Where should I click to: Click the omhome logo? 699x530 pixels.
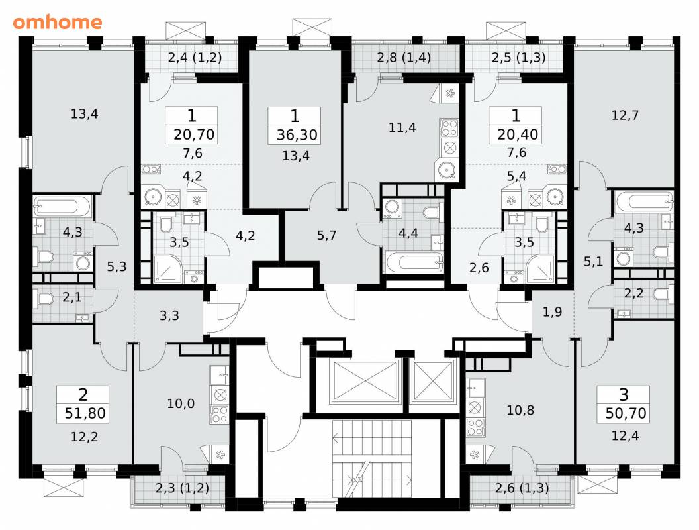tap(58, 22)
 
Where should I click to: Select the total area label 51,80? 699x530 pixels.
tap(85, 413)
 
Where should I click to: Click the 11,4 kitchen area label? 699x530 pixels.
tap(402, 128)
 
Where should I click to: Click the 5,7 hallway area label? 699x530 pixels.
tap(327, 235)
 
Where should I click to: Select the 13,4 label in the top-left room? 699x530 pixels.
tap(84, 114)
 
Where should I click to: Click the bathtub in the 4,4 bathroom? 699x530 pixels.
tap(414, 262)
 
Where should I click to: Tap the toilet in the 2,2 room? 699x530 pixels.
tap(663, 294)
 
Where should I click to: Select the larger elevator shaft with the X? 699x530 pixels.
tap(365, 382)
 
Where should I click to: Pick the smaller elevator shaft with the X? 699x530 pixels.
tap(434, 382)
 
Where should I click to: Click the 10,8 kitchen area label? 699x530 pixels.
tap(520, 410)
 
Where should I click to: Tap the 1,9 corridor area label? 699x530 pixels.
tap(552, 312)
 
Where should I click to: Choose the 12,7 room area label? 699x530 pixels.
tap(625, 115)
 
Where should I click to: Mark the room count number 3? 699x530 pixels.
tap(624, 395)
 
